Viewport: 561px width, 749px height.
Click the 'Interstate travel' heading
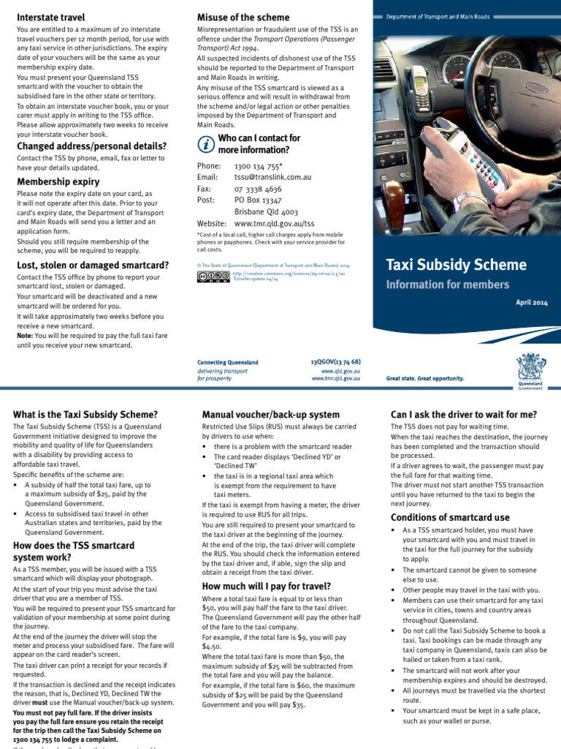click(x=50, y=17)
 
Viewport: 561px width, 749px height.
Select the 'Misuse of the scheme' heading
click(x=243, y=17)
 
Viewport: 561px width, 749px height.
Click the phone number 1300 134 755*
click(x=259, y=167)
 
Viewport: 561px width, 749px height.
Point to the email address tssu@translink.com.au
click(x=272, y=178)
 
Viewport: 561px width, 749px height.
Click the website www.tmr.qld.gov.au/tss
click(x=274, y=223)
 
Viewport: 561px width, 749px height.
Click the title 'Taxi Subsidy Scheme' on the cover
click(x=456, y=265)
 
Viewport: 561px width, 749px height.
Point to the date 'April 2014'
click(x=530, y=302)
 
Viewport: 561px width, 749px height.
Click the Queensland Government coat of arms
click(x=530, y=368)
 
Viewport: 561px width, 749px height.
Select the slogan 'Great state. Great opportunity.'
click(x=425, y=378)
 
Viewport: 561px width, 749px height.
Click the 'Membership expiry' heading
click(x=58, y=181)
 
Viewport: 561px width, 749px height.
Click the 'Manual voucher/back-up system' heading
click(x=270, y=415)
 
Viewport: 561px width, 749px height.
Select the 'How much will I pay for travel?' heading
click(x=266, y=586)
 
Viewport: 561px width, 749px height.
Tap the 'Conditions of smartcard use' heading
click(x=450, y=518)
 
